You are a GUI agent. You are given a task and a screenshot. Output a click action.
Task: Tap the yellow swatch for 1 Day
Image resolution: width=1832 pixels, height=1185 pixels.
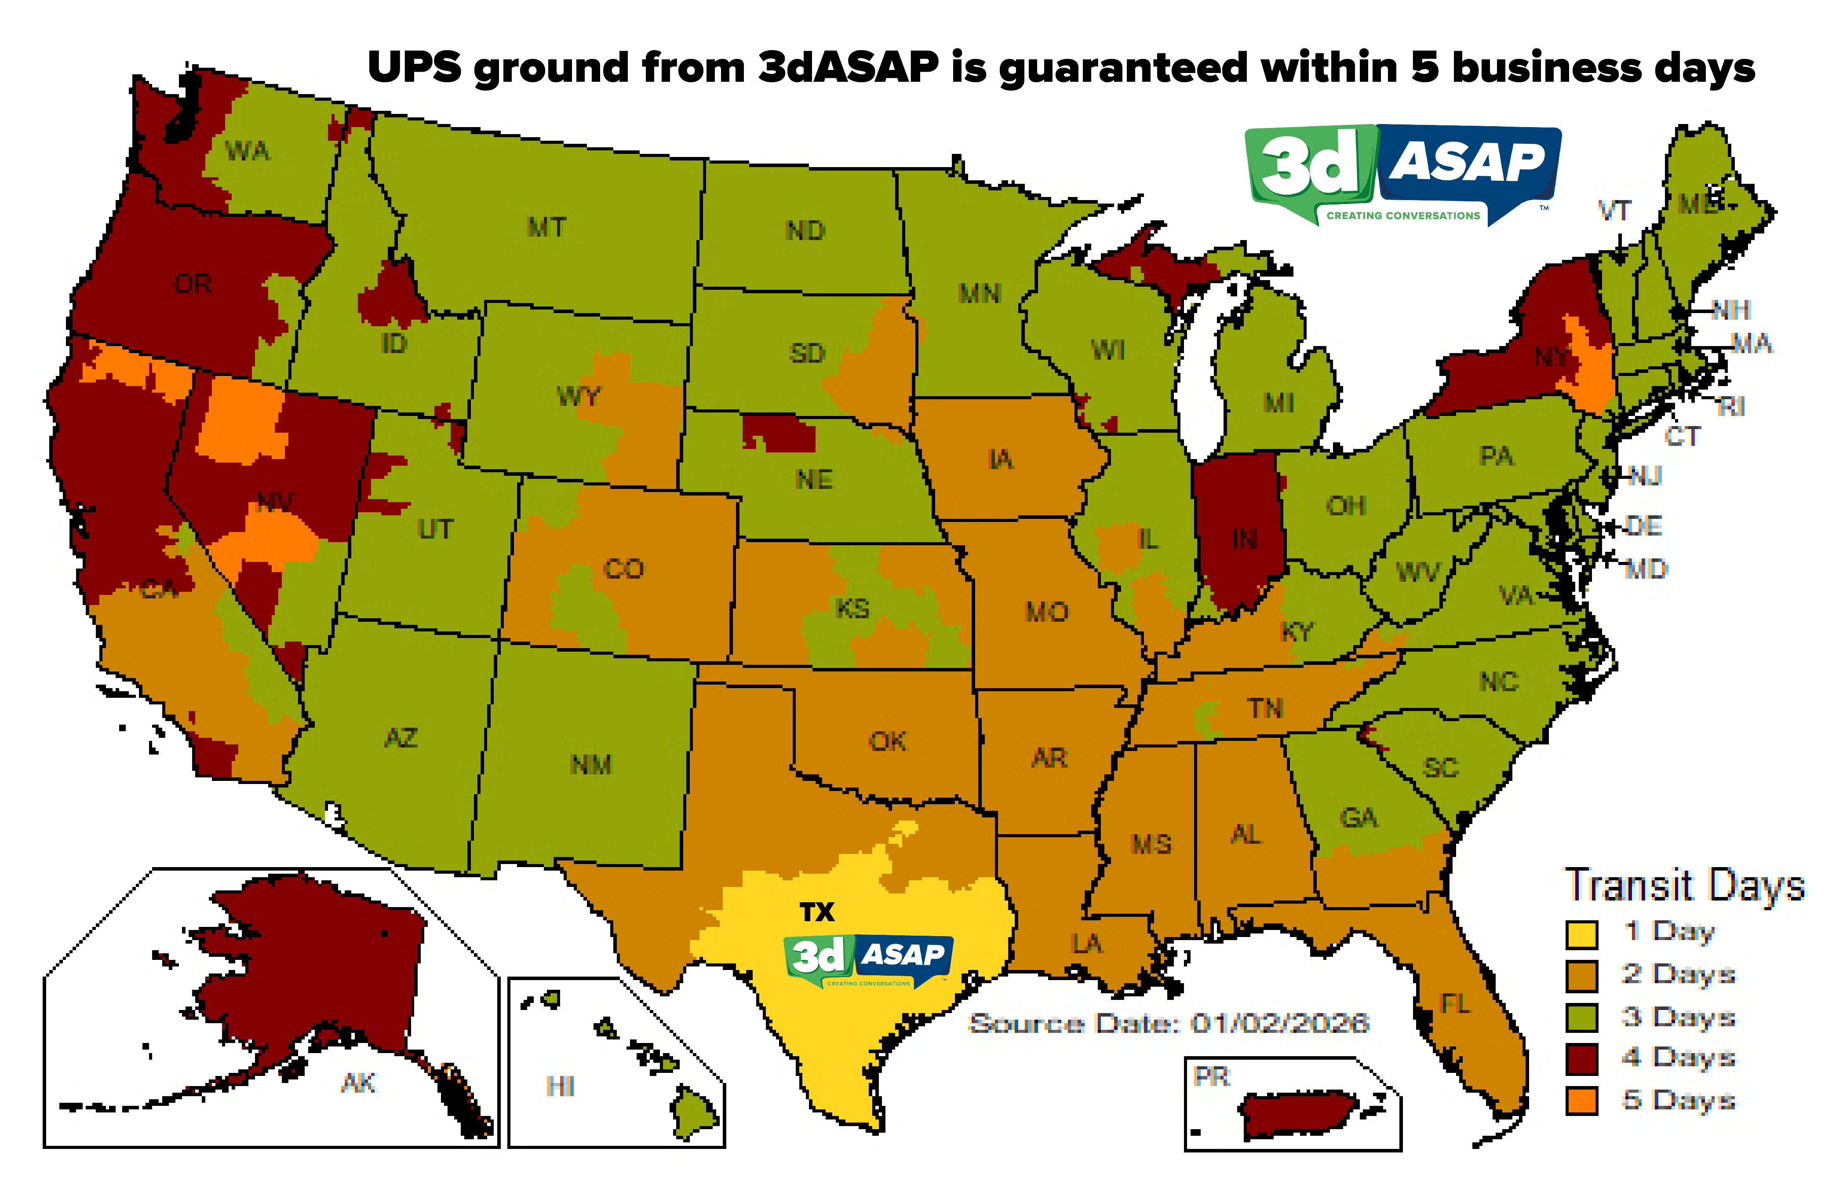tap(1581, 934)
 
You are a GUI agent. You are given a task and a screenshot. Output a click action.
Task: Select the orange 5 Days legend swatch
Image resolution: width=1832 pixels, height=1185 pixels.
tap(1581, 1100)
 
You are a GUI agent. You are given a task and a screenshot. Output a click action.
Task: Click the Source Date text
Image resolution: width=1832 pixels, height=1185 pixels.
tap(1168, 1024)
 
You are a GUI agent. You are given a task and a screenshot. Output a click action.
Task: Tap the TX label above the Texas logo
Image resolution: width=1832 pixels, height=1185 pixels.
tap(816, 913)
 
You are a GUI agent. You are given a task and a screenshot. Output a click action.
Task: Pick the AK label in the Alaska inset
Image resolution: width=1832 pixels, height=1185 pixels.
tap(358, 1083)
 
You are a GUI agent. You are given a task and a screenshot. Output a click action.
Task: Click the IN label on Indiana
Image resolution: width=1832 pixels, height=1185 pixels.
tap(1244, 540)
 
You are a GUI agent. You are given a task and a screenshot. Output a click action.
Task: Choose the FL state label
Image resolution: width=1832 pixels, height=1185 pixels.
tap(1455, 1003)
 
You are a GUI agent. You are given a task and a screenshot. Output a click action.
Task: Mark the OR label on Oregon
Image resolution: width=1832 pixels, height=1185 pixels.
tap(193, 284)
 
